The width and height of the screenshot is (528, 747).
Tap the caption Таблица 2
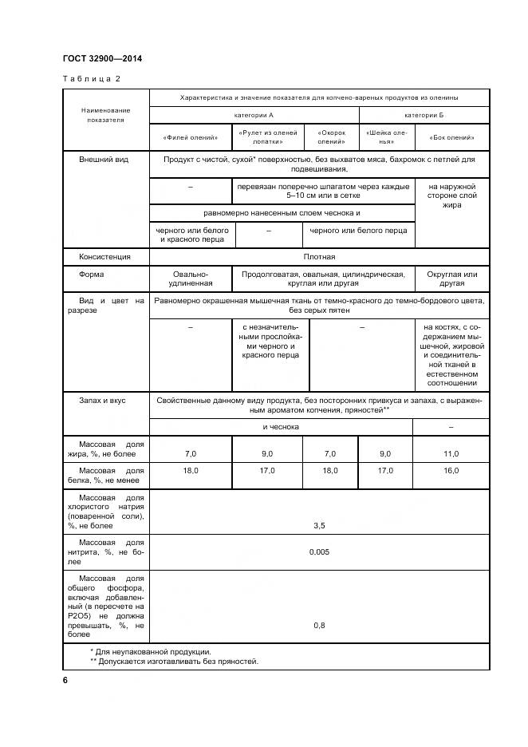[91, 78]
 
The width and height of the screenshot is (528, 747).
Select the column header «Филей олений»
[190, 137]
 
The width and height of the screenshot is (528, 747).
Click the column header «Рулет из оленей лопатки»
[267, 137]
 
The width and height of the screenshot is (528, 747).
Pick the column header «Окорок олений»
[330, 137]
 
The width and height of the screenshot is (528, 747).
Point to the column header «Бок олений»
[451, 137]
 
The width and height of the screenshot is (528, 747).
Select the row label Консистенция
[104, 257]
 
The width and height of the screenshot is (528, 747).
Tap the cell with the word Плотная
[319, 257]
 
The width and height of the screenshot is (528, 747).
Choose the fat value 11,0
[451, 453]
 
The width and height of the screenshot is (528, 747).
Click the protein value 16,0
[451, 471]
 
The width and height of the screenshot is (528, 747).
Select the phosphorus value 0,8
[319, 626]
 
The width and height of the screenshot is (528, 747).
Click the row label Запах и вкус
[102, 399]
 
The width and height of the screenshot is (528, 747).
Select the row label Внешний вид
[104, 160]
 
